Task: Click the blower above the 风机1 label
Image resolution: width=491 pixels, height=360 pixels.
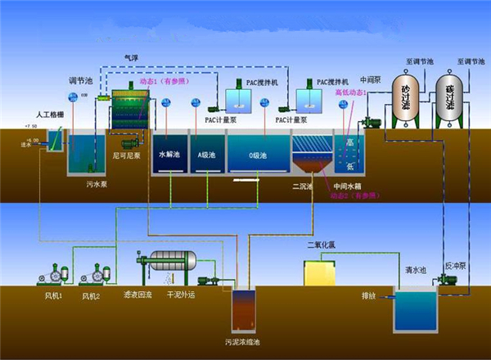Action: coord(57,274)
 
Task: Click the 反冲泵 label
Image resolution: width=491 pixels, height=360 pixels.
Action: coord(455,268)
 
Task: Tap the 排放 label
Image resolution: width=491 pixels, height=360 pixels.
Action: coord(369,294)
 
